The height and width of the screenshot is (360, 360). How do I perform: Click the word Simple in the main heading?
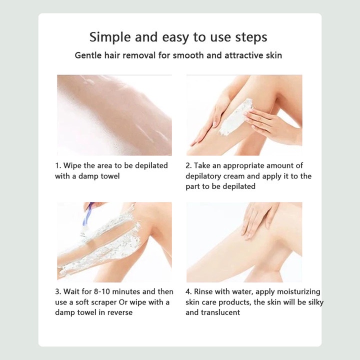[110, 37]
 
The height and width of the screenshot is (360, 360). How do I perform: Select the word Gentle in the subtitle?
[88, 55]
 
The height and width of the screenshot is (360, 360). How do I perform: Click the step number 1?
[57, 165]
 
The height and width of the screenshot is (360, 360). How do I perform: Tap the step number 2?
[188, 165]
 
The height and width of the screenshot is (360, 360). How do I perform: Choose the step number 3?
[57, 291]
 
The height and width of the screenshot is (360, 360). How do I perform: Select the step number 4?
[188, 291]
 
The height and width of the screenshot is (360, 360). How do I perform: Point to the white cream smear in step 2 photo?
[236, 116]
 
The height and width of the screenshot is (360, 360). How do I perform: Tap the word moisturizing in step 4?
[298, 292]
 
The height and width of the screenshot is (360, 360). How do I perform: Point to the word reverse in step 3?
[120, 312]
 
